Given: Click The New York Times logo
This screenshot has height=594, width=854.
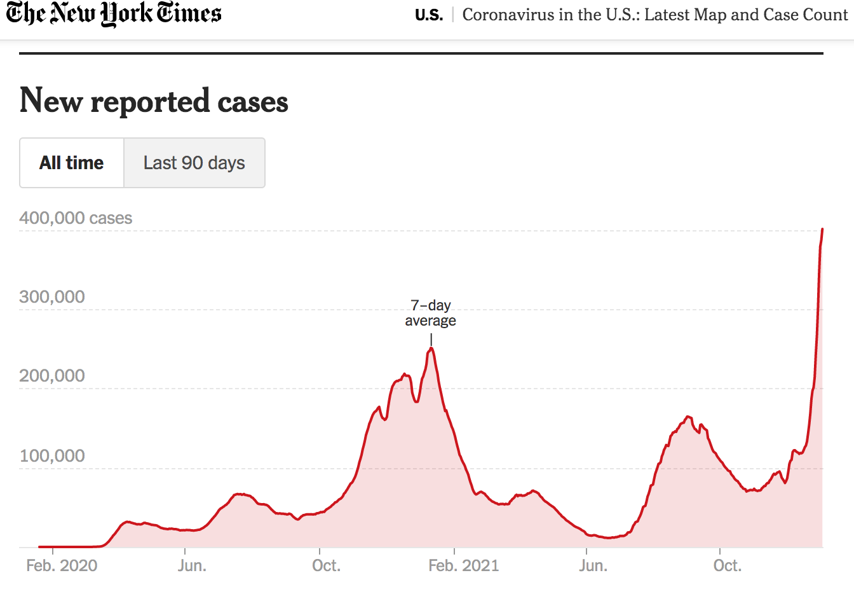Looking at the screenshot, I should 114,14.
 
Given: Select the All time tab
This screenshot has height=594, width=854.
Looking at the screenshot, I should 72,163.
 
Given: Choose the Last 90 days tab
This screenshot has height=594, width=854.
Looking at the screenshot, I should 194,163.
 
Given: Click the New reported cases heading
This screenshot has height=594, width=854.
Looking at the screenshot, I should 154,101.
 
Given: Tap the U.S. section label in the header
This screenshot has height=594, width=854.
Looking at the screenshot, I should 429,15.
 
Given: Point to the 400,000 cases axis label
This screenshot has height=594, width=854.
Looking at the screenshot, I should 76,218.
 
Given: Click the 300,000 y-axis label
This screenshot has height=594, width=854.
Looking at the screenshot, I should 52,297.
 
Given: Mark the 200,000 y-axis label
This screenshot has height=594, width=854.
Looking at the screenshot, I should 52,376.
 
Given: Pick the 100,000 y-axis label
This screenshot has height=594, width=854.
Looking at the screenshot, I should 52,456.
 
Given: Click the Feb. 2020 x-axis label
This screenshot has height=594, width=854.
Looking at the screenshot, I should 62,565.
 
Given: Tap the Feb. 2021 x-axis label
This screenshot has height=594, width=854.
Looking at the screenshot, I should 463,565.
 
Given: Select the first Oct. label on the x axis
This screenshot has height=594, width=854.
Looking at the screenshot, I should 326,565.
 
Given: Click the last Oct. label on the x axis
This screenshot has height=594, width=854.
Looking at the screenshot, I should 727,565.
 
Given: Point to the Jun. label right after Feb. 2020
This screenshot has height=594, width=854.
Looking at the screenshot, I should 192,565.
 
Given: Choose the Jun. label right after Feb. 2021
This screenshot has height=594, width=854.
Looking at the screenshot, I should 593,565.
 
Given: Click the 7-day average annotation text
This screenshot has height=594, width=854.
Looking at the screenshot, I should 431,313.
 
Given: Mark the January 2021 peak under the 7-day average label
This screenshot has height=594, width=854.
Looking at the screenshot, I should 431,348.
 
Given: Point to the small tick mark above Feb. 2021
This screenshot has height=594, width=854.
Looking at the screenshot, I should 454,551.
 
